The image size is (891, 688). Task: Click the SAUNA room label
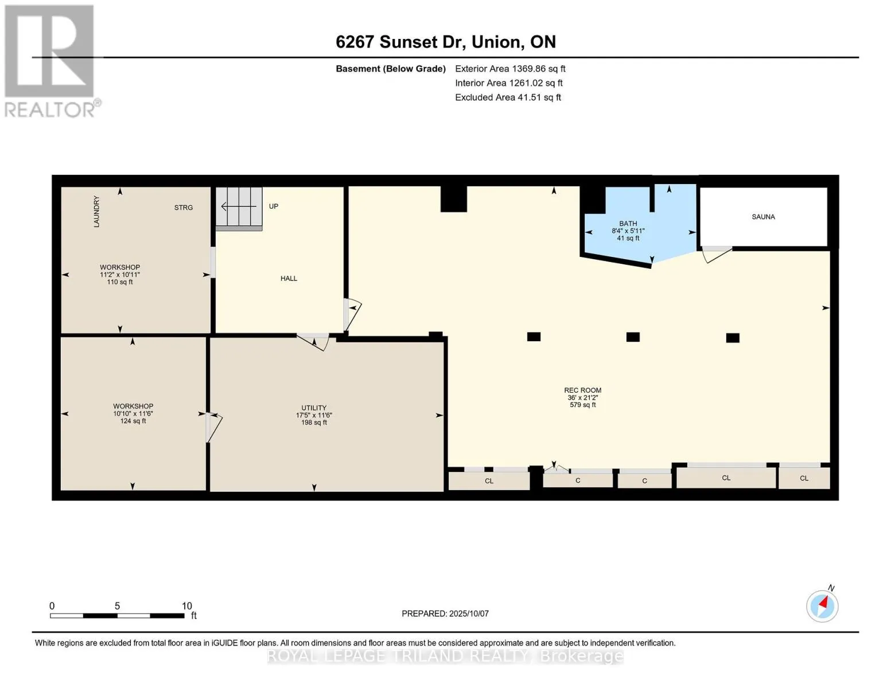pos(763,217)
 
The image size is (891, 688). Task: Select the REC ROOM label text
pos(583,390)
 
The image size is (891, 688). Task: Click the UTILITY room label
pos(314,408)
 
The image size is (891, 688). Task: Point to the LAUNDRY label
pos(96,212)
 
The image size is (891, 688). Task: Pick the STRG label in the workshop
pos(183,208)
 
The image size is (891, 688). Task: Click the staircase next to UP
pos(239,209)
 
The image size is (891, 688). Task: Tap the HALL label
pos(289,279)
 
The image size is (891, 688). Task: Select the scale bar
pos(117,615)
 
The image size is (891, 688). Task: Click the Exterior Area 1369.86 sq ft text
pos(510,69)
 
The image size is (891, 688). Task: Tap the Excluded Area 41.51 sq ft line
pos(508,97)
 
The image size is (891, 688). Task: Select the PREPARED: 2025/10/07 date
pos(445,613)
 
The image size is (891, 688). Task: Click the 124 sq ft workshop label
pos(133,421)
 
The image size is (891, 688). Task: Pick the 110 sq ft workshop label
pos(120,282)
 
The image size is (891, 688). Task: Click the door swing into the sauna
pos(717,254)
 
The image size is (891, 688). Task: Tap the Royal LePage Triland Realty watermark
pos(445,656)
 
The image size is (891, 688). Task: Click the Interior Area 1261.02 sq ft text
pos(509,83)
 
